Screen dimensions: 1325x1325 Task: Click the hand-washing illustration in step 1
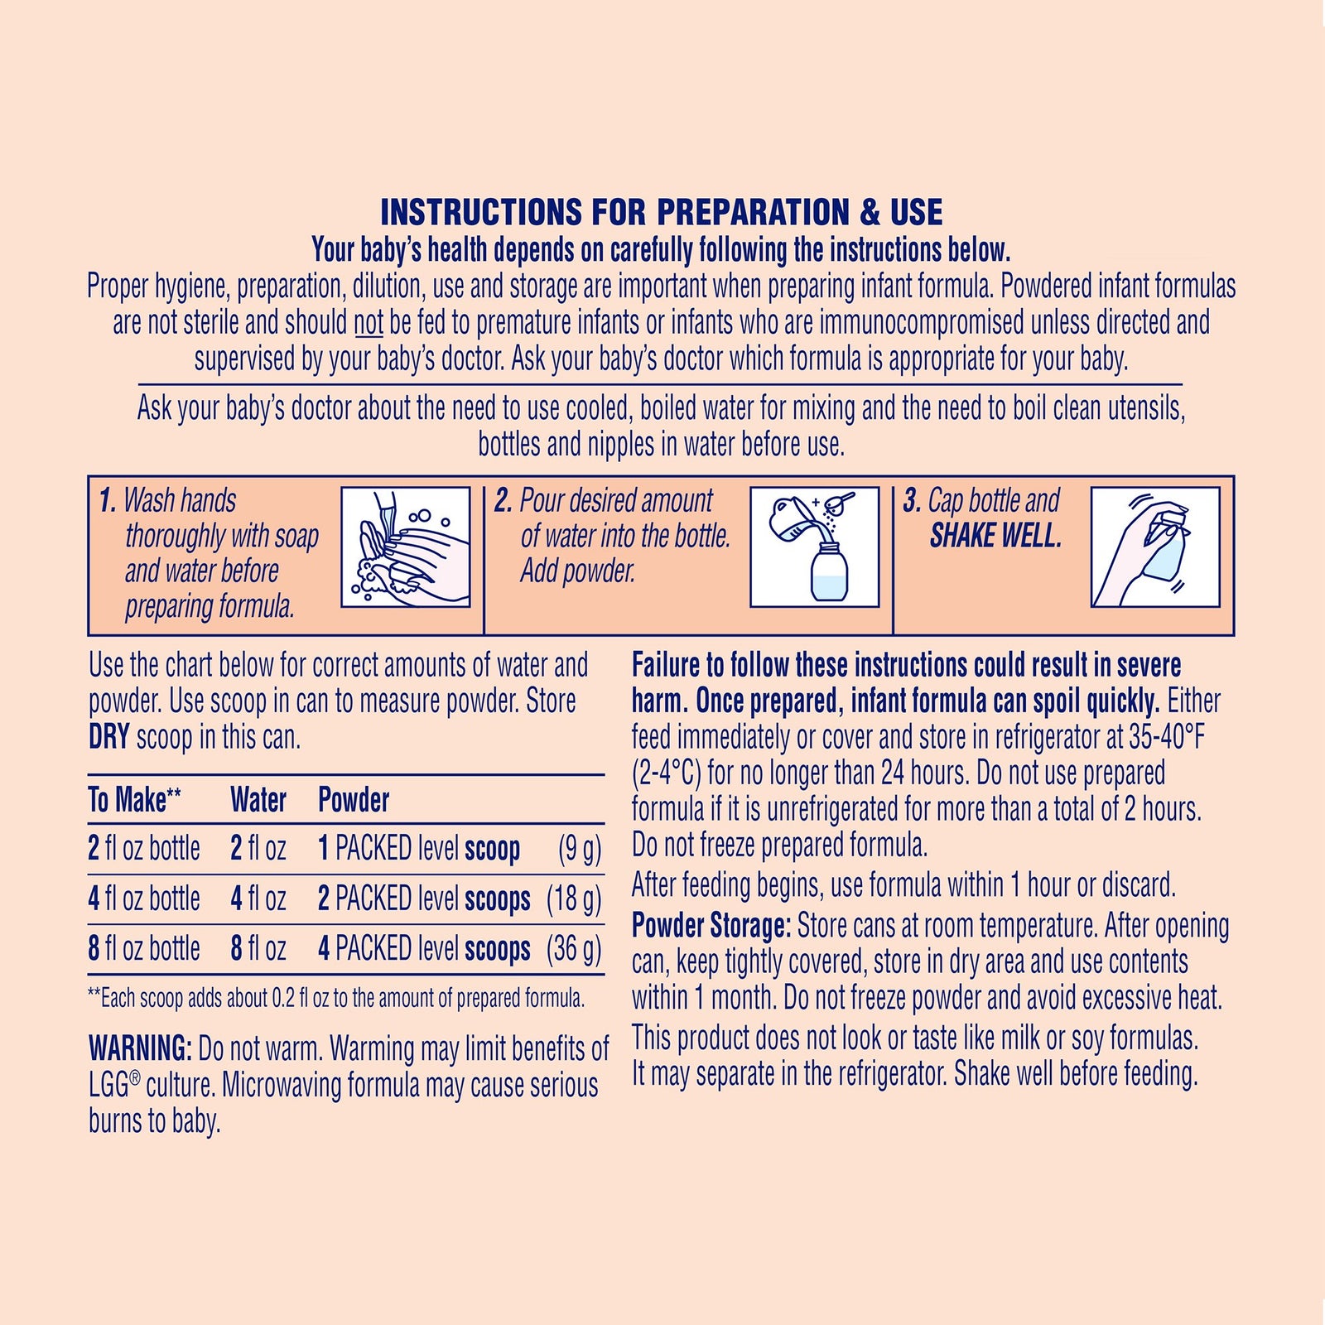(x=406, y=547)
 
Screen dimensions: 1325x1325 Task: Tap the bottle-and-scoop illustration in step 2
(x=814, y=547)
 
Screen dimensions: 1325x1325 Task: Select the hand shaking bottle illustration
(x=1154, y=547)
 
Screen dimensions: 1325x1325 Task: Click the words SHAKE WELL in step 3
(x=995, y=537)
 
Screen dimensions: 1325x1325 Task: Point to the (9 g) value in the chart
(x=580, y=849)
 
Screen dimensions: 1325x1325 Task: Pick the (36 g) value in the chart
(x=574, y=949)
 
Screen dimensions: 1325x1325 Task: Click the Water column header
(x=258, y=800)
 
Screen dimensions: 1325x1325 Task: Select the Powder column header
(x=354, y=800)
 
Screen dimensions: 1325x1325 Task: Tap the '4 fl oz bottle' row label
(x=144, y=899)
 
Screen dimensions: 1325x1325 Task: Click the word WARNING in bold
(x=140, y=1049)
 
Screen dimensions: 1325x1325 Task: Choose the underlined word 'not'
(x=369, y=323)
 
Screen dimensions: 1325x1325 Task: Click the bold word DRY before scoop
(x=108, y=737)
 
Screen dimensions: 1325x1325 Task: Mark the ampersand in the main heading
(x=870, y=213)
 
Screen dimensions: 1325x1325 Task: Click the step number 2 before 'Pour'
(x=503, y=501)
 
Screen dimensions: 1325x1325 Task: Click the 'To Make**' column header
(x=134, y=800)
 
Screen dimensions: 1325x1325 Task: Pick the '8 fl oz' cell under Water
(x=258, y=949)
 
